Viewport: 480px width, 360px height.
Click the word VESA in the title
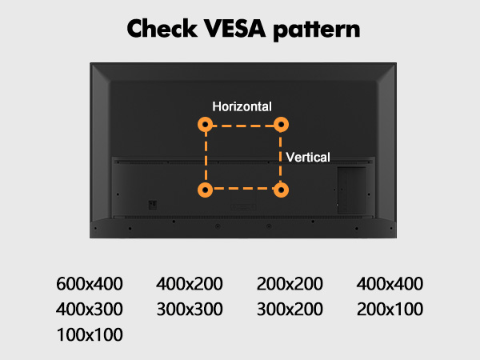point(234,29)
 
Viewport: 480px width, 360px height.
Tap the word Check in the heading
point(162,28)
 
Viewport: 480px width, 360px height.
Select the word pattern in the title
point(317,30)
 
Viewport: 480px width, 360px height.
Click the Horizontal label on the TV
point(242,106)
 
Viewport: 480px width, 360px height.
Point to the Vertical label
point(308,158)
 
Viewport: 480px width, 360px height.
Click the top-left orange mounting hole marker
point(205,124)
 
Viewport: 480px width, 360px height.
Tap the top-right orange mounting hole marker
point(281,124)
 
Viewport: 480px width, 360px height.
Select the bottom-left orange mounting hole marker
point(205,190)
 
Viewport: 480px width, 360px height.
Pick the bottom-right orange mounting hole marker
point(281,190)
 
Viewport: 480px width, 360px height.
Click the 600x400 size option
point(90,283)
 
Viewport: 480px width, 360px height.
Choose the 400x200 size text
point(190,283)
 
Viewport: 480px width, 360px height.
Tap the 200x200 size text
point(290,283)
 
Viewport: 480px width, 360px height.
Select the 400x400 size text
point(390,283)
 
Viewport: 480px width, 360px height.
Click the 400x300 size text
point(90,309)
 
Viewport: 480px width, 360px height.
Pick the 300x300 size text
point(190,309)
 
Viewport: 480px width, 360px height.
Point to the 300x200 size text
point(290,309)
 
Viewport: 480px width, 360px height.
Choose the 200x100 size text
point(390,309)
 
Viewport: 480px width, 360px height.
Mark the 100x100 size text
point(90,334)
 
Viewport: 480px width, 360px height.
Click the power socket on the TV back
point(153,205)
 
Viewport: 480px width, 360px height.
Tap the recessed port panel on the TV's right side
point(352,190)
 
